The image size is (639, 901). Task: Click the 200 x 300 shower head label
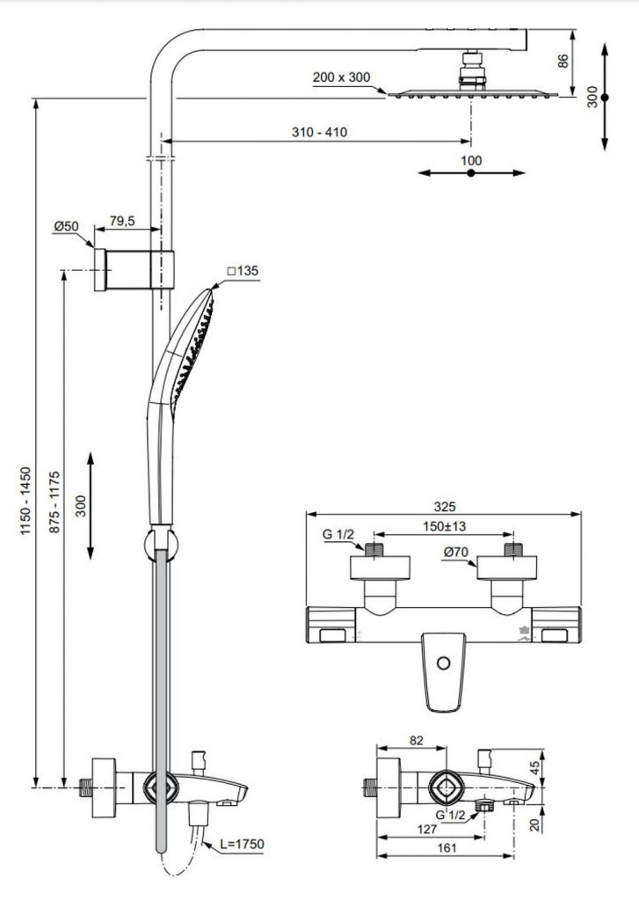coord(342,77)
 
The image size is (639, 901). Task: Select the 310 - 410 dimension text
coord(319,132)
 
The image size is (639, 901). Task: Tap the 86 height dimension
coord(563,61)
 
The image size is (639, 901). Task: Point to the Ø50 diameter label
coord(66,226)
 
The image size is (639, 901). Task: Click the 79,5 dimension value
coord(121,221)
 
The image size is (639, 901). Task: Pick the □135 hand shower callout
coord(243,272)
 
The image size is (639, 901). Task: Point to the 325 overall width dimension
coord(444,508)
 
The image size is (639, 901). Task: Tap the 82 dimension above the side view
coord(416,741)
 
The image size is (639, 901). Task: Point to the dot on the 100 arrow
coord(471,174)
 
